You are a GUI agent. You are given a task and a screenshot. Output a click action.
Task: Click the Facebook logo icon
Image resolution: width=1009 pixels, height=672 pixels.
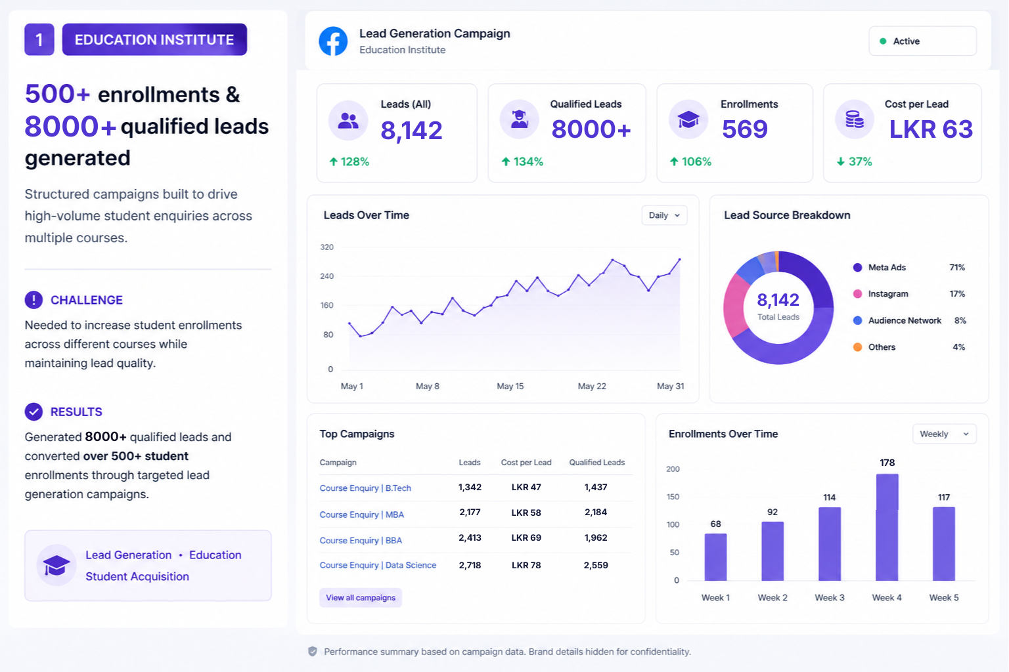[x=333, y=41]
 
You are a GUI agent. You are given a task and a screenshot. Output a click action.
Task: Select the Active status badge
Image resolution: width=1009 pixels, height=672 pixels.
[x=922, y=41]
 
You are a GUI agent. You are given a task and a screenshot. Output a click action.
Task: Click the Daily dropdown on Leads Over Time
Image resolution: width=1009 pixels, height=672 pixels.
[x=664, y=215]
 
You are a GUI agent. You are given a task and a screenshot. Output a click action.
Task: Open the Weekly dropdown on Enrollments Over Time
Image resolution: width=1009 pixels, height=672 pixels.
[x=944, y=434]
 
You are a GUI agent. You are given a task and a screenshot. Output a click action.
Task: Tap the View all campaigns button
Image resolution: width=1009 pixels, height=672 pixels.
[x=361, y=598]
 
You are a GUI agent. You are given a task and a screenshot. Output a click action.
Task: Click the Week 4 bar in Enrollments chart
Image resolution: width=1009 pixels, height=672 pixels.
[x=887, y=527]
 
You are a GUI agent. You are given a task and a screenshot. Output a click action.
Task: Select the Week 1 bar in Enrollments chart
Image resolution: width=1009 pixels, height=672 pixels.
[x=716, y=557]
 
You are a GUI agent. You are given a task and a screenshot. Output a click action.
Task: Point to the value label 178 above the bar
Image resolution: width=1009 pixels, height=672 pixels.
[x=887, y=463]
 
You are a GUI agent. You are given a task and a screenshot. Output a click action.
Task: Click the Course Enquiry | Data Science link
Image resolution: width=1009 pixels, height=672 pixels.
[x=378, y=565]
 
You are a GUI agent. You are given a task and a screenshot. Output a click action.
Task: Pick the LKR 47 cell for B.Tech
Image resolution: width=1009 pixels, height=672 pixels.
[x=526, y=487]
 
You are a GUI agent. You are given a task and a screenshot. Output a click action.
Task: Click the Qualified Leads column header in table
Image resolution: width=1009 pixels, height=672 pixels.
[x=597, y=462]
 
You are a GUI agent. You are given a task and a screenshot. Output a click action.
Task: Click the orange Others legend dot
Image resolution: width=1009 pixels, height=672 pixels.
[x=858, y=347]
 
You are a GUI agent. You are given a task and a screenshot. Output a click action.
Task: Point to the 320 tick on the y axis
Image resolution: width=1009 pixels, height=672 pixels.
[x=326, y=247]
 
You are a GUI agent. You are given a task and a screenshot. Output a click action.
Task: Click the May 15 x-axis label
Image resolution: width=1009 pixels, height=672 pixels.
[x=510, y=386]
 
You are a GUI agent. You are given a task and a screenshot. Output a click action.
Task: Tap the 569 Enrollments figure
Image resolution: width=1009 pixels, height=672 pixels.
[x=744, y=129]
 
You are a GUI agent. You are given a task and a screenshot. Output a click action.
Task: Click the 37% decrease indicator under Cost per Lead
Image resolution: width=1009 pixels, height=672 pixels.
[x=854, y=161]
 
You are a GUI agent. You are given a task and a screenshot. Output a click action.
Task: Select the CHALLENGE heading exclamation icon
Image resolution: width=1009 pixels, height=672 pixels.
[x=34, y=300]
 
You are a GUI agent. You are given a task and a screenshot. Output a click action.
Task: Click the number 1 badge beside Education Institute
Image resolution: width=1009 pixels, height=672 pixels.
[x=39, y=39]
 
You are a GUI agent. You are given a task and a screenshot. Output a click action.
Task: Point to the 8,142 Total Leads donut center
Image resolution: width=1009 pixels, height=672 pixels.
[x=778, y=306]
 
